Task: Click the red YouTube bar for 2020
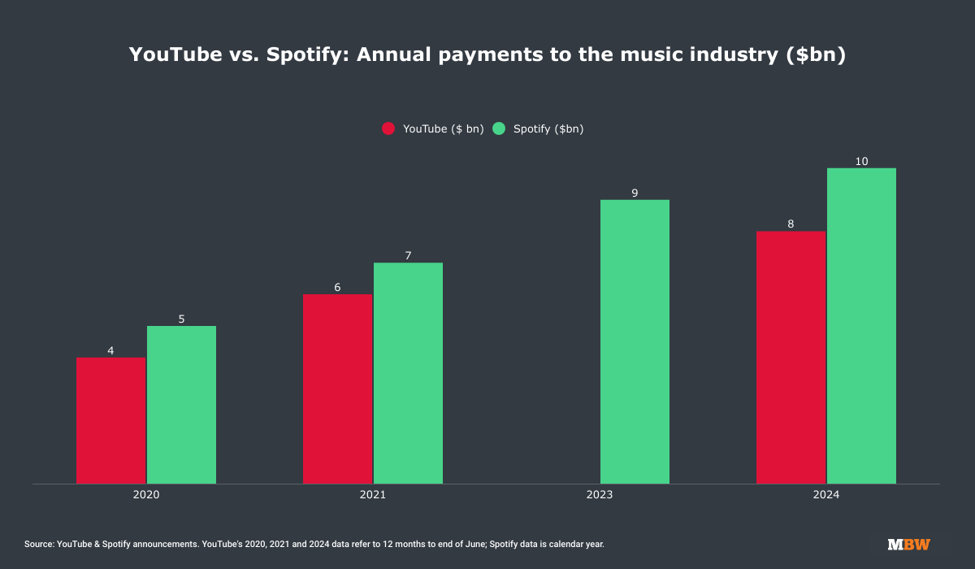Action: [x=111, y=420]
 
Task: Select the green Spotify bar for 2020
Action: [x=181, y=405]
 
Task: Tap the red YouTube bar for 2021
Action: [x=337, y=389]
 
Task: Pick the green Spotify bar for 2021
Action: [x=408, y=373]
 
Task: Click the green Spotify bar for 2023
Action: [x=635, y=341]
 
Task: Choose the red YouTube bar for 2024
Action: [x=791, y=358]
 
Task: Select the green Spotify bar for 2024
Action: [x=861, y=326]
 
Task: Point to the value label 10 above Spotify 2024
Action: [x=861, y=161]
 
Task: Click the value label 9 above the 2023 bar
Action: [x=635, y=193]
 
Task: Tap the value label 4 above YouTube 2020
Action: [x=110, y=350]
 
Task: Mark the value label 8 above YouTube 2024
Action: [x=791, y=224]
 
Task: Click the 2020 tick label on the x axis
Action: [x=146, y=495]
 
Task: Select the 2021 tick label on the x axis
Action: [x=373, y=495]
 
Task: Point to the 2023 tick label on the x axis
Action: [x=600, y=495]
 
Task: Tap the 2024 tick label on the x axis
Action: [x=826, y=495]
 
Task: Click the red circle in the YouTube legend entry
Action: [x=388, y=128]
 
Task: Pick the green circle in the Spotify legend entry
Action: [x=499, y=128]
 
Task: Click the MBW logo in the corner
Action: [x=908, y=544]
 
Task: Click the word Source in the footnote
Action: [x=38, y=544]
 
